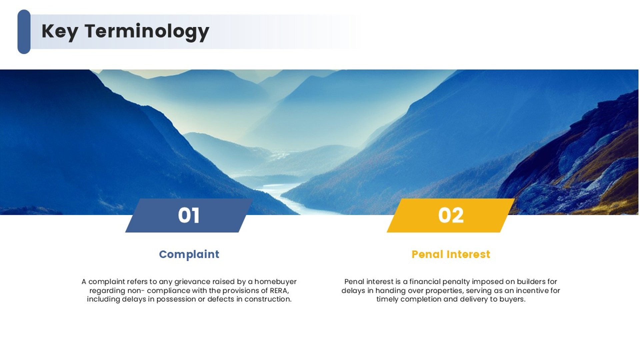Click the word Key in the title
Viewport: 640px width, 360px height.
(60, 31)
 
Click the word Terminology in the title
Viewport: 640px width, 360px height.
(147, 31)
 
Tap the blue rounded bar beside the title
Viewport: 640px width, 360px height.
(24, 32)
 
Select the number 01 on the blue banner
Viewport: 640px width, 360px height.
(189, 215)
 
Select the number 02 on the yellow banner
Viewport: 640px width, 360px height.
(451, 215)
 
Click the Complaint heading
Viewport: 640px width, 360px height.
(189, 254)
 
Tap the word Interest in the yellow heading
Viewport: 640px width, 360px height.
(466, 254)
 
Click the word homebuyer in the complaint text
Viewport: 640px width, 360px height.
(275, 282)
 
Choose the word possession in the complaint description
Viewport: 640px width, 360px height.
(176, 299)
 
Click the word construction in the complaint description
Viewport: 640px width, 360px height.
(268, 299)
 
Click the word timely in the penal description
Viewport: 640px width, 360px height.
(387, 299)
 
